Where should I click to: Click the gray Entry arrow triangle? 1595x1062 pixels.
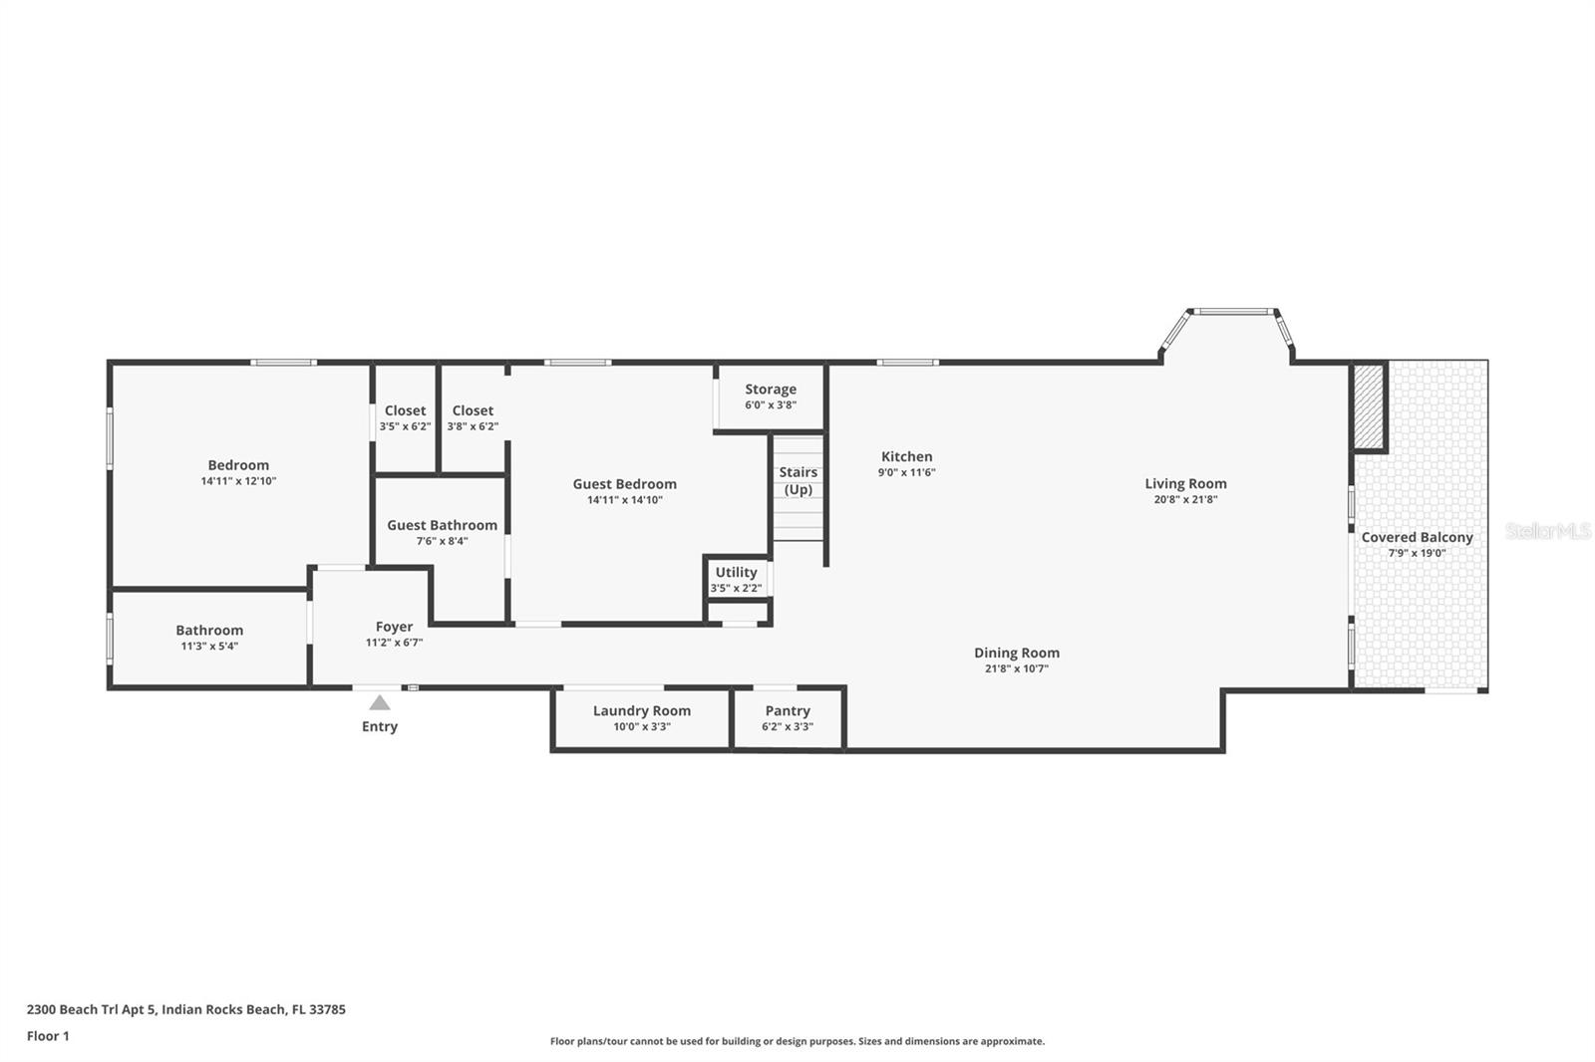coord(380,703)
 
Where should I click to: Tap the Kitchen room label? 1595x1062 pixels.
coord(906,457)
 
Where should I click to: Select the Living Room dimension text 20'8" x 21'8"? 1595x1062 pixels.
coord(1185,500)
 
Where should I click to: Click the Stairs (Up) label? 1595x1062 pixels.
coord(798,481)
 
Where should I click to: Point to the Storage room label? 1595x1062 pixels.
coord(771,390)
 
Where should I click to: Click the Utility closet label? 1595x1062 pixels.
coord(737,572)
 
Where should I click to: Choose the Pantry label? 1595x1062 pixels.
coord(788,711)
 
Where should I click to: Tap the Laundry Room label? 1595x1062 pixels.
coord(642,711)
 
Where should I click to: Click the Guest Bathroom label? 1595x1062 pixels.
coord(443,525)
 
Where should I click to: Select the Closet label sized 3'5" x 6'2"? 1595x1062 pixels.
coord(405,410)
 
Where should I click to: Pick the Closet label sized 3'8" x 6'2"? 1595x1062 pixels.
coord(473,410)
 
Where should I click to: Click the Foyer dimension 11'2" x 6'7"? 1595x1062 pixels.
coord(394,643)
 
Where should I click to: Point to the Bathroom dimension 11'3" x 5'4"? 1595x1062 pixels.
coord(209,647)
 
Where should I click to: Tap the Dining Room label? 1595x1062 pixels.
coord(1017,653)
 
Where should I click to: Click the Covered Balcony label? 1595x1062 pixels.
coord(1417,537)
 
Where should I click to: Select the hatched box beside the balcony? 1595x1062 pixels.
coord(1368,406)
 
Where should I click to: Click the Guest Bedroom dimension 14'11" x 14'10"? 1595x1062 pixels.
coord(624,500)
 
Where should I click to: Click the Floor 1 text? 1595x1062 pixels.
coord(49,1036)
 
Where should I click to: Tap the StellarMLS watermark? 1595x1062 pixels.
coord(1548,531)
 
